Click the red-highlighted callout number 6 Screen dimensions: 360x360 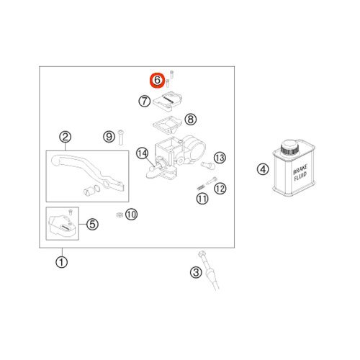coord(157,80)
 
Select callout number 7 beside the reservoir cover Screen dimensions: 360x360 coord(145,102)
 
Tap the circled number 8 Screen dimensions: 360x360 coord(191,119)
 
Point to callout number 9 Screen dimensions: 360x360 coord(109,137)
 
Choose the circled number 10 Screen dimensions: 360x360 coord(131,214)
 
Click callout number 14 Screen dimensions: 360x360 coord(142,153)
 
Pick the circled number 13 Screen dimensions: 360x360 coord(220,158)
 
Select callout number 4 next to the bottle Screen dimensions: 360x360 coord(263,169)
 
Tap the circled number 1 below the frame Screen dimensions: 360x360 coord(62,262)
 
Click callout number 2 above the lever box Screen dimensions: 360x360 coord(65,138)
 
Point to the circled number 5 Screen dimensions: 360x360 coord(92,225)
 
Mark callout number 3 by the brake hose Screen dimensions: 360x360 coord(196,272)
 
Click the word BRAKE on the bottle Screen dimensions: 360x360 coord(300,168)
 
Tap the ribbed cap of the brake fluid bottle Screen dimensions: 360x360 coord(289,148)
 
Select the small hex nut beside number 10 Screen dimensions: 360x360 coord(120,215)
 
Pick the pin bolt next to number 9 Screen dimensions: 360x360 coord(121,137)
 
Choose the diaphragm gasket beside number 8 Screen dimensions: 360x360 coord(168,124)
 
